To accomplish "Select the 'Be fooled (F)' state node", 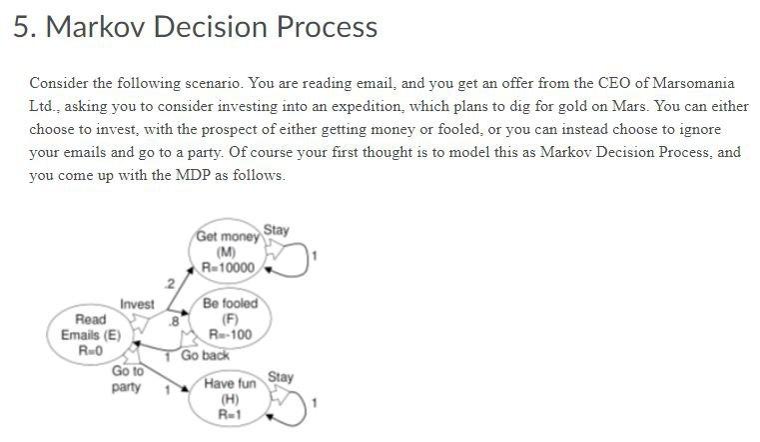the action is coord(229,319).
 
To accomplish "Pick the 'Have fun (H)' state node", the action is coord(229,398).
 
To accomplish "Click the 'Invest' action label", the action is coord(137,304).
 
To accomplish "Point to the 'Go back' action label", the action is coord(205,355).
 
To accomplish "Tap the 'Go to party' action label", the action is coord(126,379).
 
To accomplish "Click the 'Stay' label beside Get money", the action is coord(277,230).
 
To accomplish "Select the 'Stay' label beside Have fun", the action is coord(281,377).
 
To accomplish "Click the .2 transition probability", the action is coord(170,285).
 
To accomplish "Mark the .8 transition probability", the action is coord(173,321).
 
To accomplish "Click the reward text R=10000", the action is coord(229,268).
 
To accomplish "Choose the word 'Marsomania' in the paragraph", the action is coord(685,82).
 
